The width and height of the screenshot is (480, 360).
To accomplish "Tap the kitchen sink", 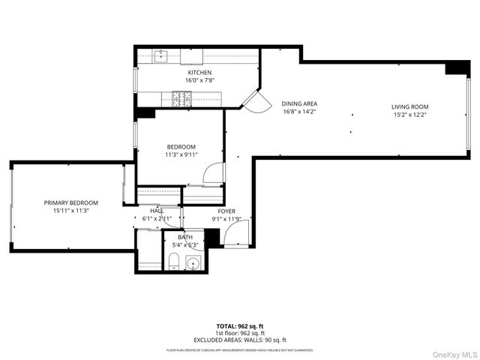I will click(x=160, y=55).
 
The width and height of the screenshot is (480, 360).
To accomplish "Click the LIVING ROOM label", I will click(x=409, y=106).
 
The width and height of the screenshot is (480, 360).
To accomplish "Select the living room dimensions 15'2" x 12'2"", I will click(x=409, y=115).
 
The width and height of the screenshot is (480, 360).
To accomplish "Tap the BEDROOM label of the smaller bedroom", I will click(x=181, y=146).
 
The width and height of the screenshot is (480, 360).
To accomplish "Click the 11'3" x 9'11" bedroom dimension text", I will click(x=181, y=154).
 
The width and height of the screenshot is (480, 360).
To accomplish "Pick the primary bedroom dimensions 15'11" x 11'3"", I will click(x=71, y=211).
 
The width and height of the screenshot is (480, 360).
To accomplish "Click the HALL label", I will click(x=157, y=211).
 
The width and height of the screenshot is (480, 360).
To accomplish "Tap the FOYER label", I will click(x=226, y=211).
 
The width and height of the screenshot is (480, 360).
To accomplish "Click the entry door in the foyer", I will click(x=234, y=239).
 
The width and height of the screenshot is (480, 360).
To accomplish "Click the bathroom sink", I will click(x=193, y=263).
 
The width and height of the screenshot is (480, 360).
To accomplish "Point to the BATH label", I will click(x=184, y=237).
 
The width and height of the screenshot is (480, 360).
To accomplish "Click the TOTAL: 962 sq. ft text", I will click(x=240, y=326).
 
